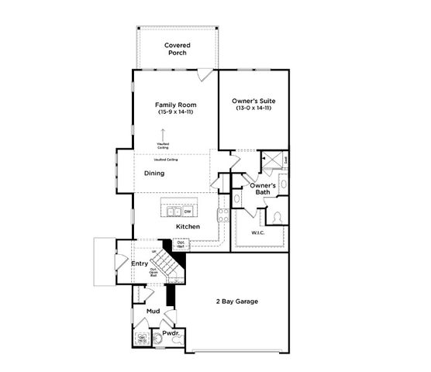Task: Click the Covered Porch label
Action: point(177,50)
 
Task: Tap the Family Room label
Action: point(175,105)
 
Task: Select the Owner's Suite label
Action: point(254,102)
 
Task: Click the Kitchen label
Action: point(188,226)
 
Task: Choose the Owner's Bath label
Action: point(264,189)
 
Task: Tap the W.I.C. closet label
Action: point(258,232)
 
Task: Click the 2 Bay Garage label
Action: point(236,301)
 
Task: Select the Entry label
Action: point(140,263)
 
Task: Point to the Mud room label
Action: point(153,311)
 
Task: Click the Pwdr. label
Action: point(171,333)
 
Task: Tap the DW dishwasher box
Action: point(187,211)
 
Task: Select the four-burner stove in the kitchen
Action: point(222,214)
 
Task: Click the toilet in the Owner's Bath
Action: point(278,217)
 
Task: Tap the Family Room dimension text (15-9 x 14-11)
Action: point(175,112)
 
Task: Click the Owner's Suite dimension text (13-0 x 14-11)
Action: point(254,108)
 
